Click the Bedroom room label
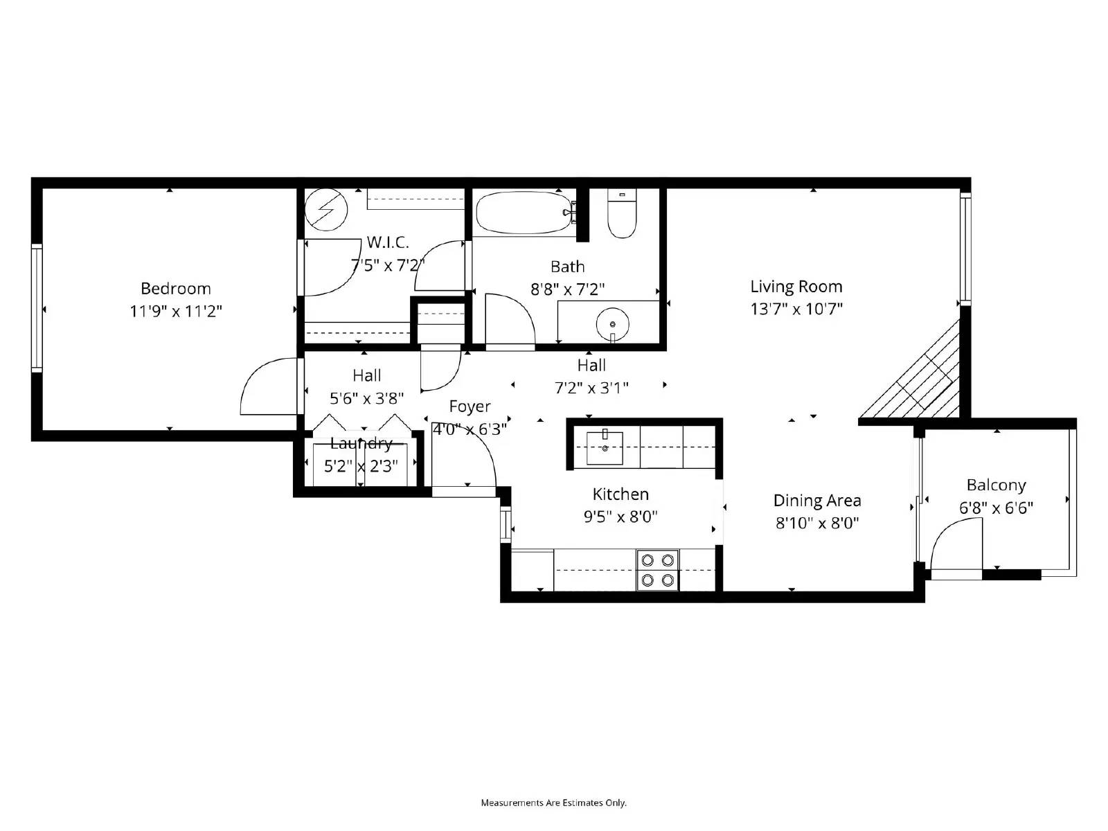[x=175, y=288]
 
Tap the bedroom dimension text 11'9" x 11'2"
[x=175, y=311]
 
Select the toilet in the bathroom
[x=621, y=215]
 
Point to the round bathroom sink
[x=613, y=323]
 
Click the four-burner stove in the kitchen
[x=657, y=570]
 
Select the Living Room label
[x=796, y=286]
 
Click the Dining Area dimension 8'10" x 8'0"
[x=817, y=523]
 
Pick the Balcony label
[x=996, y=485]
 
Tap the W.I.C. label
[x=388, y=242]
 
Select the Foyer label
[x=470, y=406]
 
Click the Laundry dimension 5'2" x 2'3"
[x=361, y=466]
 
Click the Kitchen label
[x=620, y=494]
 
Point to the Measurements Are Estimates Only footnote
[x=553, y=803]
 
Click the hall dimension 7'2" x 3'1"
[x=591, y=388]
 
